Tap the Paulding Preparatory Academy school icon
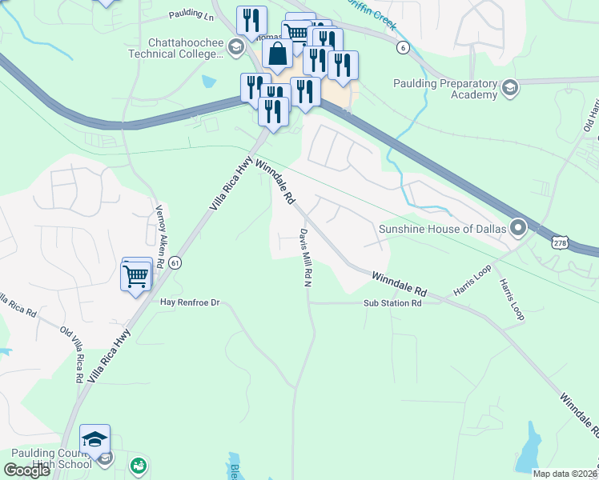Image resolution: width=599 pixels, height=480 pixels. coord(509,88)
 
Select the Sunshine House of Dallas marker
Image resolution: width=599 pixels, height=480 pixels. coord(517,229)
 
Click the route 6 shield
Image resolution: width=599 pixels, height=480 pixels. coord(403,48)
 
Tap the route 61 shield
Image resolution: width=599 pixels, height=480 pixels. coord(175,262)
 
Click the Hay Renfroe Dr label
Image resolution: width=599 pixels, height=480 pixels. coord(190,303)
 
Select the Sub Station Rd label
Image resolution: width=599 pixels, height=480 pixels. coord(392,303)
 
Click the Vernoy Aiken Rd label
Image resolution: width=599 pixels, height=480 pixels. coord(159,240)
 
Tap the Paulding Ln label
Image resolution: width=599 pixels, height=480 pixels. coord(191,15)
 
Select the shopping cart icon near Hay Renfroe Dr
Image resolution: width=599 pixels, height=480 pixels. coord(136,277)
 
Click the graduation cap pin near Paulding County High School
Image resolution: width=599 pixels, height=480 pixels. coord(94,440)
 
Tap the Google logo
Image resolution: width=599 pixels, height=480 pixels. coord(27,470)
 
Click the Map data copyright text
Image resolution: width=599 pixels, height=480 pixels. coord(565,474)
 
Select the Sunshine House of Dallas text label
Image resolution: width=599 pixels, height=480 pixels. coord(442,229)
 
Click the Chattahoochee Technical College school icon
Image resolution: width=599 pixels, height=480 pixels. coord(235,48)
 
